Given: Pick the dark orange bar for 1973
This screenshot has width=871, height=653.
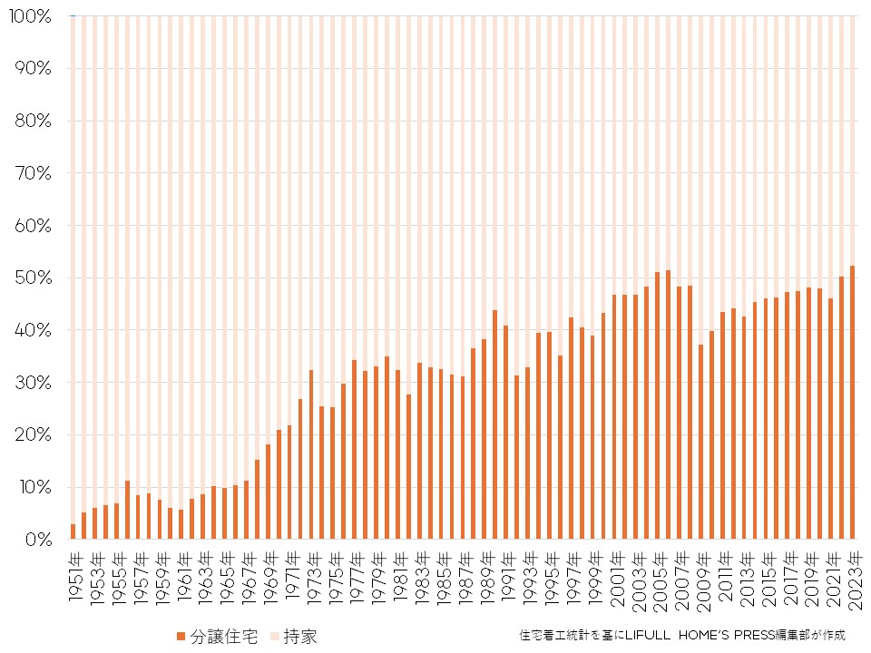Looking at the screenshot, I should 311,454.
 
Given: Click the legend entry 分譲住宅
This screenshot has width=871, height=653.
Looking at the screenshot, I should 217,636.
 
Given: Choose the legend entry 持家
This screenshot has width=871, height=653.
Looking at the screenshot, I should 294,636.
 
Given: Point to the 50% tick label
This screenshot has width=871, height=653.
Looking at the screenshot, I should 32,278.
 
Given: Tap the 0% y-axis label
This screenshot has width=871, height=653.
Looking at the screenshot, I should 36,540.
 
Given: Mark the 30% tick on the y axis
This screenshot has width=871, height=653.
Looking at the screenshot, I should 32,383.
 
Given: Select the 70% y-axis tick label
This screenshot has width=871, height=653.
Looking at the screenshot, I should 32,173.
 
